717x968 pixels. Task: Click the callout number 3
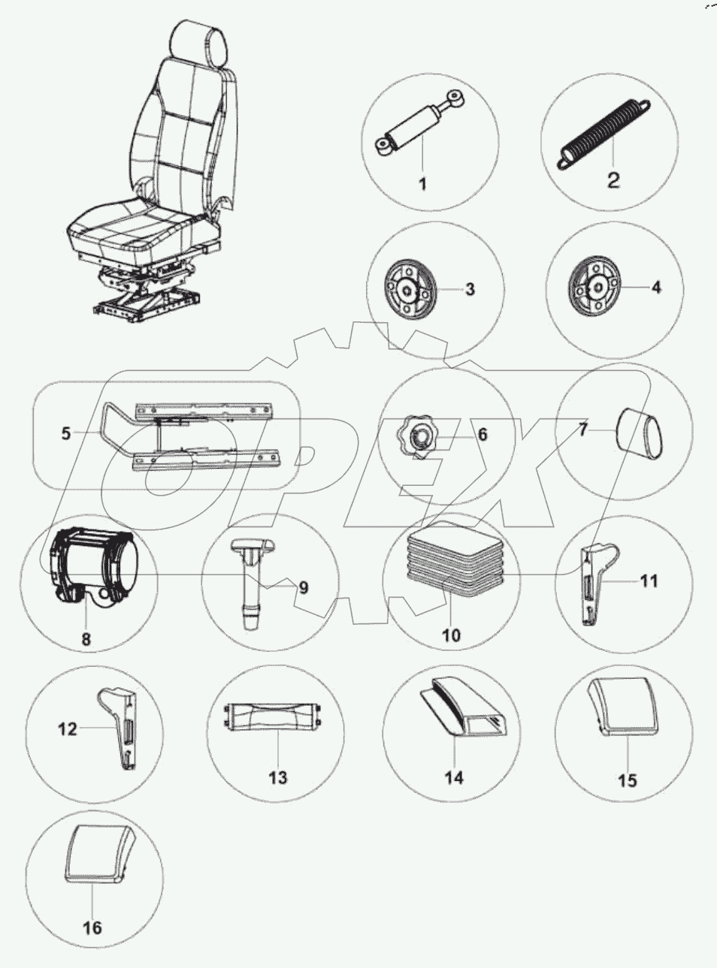point(470,289)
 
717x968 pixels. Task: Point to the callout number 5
point(66,433)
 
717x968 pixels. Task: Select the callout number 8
point(86,638)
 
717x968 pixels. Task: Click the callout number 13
point(277,777)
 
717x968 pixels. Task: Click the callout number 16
point(92,928)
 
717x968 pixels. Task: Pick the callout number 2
point(613,180)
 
